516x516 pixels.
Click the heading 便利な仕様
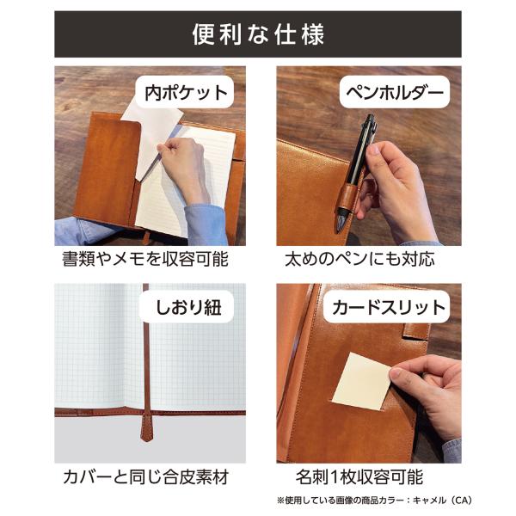click(x=258, y=34)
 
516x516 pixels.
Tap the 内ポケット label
click(x=187, y=93)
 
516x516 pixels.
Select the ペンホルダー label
click(x=394, y=93)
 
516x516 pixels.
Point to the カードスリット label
click(x=389, y=307)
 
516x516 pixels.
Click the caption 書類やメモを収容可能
click(x=145, y=259)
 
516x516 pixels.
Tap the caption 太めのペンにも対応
click(x=359, y=259)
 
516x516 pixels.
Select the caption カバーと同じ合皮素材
click(x=146, y=476)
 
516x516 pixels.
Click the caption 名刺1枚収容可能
click(x=359, y=476)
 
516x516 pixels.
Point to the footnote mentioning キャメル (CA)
click(x=374, y=501)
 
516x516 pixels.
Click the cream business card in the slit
click(x=360, y=382)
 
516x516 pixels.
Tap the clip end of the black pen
click(x=370, y=122)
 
